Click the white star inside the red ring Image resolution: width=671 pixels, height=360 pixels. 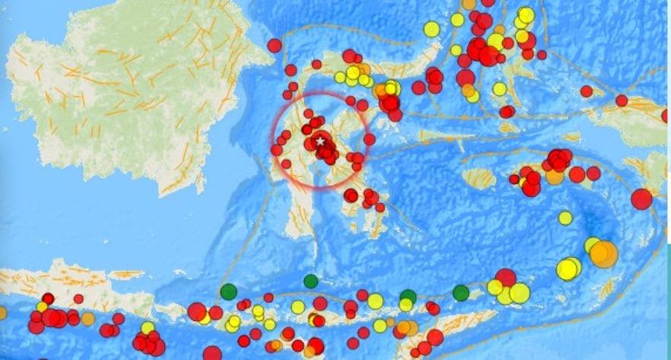pos(321,141)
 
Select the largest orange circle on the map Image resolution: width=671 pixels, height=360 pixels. pos(603,254)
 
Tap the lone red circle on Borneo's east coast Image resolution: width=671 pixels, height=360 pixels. pos(274,46)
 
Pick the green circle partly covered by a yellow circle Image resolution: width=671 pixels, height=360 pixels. pos(408,296)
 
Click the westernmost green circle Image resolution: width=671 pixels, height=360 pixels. pos(229,291)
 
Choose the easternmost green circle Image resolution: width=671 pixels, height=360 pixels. pos(461,292)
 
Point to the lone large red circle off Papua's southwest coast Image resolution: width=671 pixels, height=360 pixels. pos(641,199)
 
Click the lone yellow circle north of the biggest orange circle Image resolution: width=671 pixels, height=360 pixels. pos(565,218)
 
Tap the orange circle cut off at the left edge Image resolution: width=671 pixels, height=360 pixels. pos(2,312)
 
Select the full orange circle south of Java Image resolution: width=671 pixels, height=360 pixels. pos(88,319)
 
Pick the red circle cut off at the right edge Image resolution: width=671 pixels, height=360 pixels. pos(666,116)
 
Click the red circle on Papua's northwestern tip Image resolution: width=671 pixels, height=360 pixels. pos(622,100)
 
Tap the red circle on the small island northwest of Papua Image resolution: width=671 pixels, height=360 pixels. pos(586,91)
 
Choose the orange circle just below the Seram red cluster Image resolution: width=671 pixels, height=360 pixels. pos(555,177)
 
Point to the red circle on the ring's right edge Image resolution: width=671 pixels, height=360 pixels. pos(369,140)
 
